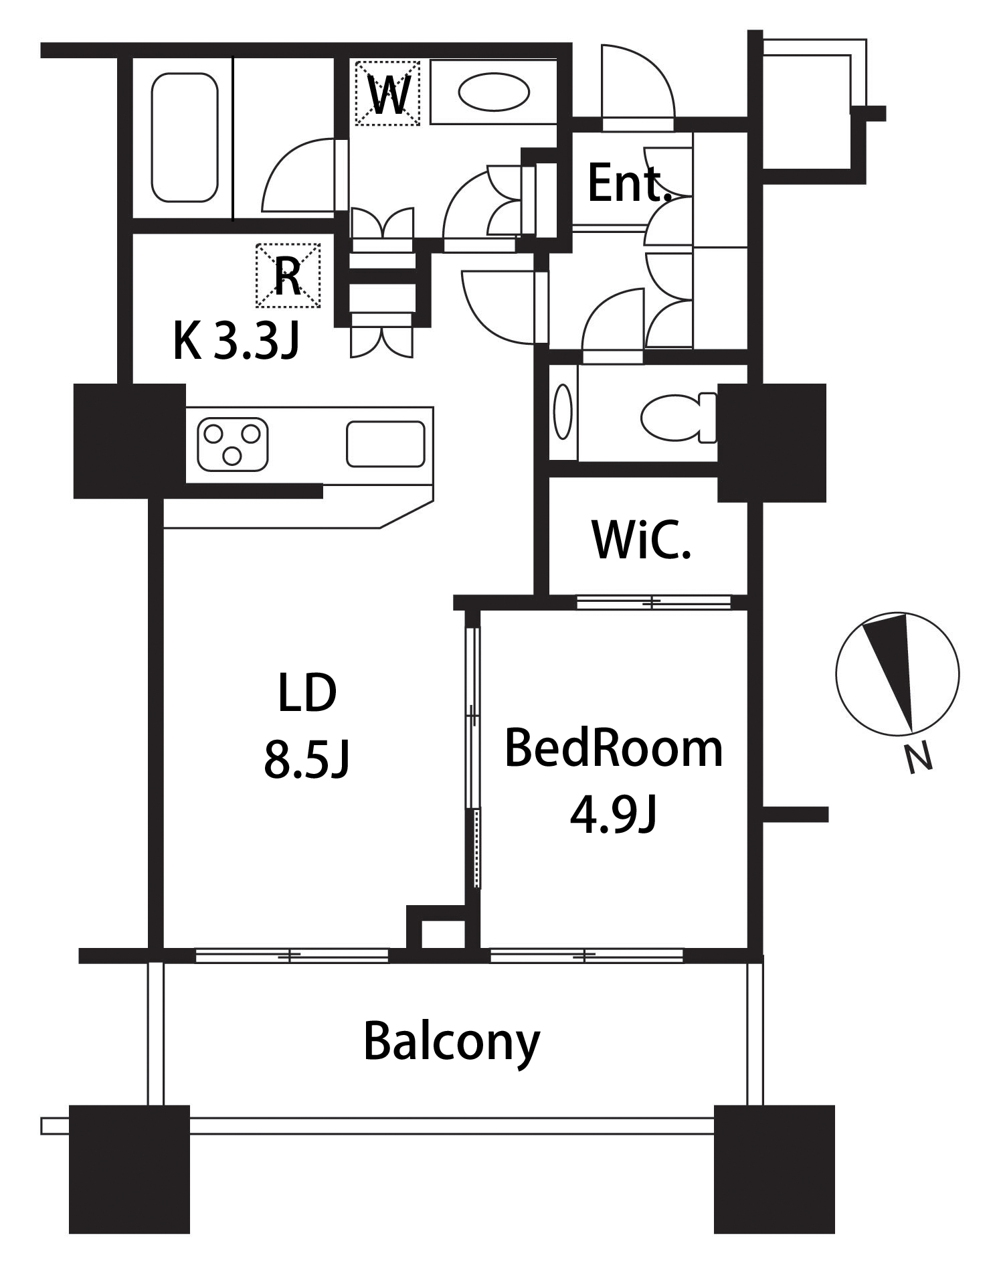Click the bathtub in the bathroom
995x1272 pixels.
[x=185, y=137]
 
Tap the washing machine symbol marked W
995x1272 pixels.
[x=387, y=94]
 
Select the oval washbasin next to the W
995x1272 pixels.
[x=494, y=92]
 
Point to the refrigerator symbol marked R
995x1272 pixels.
[x=288, y=275]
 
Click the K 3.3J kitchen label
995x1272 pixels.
[x=236, y=341]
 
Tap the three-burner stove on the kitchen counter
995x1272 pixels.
[x=232, y=444]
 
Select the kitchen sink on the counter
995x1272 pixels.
[x=385, y=444]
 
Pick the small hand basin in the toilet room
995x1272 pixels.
[x=563, y=412]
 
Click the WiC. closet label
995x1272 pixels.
[x=641, y=540]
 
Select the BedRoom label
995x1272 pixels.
[x=614, y=748]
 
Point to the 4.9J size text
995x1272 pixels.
[x=614, y=815]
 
